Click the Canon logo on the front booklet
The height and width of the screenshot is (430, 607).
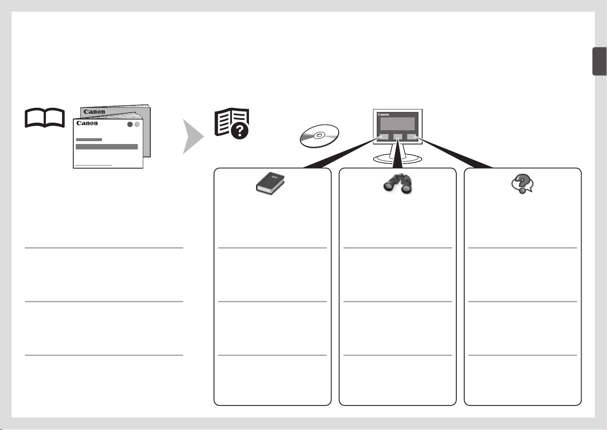(x=87, y=123)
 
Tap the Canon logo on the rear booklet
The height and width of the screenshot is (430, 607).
(x=95, y=112)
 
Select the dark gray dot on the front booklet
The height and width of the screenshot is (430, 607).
(x=130, y=124)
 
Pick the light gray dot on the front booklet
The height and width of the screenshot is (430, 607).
(x=137, y=124)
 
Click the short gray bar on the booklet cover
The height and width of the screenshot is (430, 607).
(x=89, y=139)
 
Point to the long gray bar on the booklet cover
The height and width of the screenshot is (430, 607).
(x=107, y=147)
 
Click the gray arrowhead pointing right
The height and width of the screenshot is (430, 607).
(x=193, y=137)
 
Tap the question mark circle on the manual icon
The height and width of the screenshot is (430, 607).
(x=239, y=131)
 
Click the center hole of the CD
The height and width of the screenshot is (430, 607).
(x=319, y=135)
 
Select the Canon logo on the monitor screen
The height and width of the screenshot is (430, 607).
(x=383, y=114)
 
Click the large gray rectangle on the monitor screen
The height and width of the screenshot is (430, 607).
(x=397, y=124)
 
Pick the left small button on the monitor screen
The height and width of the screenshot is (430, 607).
(x=384, y=137)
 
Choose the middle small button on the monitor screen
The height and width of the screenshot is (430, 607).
(x=398, y=137)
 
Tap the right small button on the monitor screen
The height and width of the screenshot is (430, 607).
(x=411, y=137)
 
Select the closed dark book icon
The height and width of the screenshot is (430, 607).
(x=270, y=183)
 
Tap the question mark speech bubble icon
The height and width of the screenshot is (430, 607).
(x=522, y=184)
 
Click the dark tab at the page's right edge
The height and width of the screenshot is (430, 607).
(x=600, y=61)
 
